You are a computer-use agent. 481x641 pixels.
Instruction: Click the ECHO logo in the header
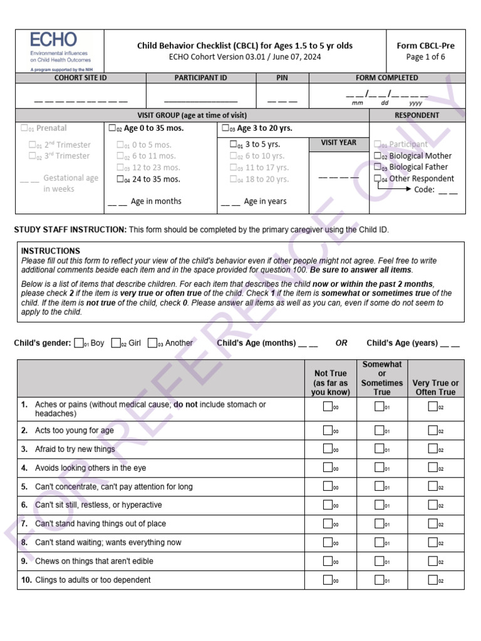[59, 50]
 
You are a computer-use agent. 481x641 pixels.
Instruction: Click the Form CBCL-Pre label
[425, 46]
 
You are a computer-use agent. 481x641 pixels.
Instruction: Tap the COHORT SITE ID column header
[81, 78]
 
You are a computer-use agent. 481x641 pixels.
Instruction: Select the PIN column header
[282, 78]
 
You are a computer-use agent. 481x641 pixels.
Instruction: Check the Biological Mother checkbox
[378, 156]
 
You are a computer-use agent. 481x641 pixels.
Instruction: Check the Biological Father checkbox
[378, 167]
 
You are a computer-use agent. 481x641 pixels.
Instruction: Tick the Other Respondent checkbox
[378, 178]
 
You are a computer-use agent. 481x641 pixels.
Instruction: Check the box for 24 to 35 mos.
[120, 179]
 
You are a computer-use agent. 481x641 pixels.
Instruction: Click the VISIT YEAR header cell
[339, 143]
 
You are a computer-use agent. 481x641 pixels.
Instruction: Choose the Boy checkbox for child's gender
[79, 343]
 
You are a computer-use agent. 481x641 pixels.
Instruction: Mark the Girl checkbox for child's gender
[116, 343]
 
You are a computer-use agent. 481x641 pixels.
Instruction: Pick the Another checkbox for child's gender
[152, 343]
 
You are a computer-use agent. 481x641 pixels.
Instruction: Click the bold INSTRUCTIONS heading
[51, 251]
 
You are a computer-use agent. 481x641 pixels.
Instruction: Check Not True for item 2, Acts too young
[328, 430]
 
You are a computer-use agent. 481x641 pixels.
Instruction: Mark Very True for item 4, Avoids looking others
[433, 468]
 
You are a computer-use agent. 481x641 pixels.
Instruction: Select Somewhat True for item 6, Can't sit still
[380, 505]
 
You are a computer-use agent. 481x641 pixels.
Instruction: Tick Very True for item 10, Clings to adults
[433, 580]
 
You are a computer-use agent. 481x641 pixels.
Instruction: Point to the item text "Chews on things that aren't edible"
[94, 561]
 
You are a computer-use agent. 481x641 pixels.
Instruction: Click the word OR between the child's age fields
[341, 343]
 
